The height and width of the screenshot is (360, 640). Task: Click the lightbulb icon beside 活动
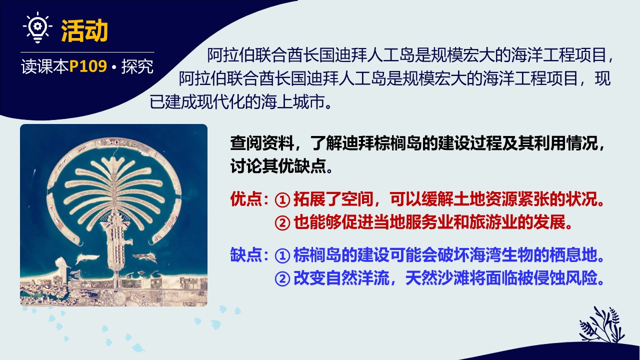[37, 27]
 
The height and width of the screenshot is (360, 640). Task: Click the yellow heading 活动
[84, 30]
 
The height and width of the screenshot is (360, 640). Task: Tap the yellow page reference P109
[88, 66]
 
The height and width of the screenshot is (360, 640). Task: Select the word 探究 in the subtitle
[137, 66]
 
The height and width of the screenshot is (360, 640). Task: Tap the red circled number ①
[282, 199]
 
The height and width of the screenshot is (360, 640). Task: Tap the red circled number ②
[282, 223]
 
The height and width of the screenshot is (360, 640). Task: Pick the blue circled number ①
[282, 255]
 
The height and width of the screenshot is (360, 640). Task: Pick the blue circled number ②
[282, 278]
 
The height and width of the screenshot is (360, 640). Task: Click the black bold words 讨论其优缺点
[278, 165]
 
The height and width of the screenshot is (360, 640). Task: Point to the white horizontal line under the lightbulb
[87, 52]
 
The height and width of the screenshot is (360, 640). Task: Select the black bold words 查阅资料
[262, 142]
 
